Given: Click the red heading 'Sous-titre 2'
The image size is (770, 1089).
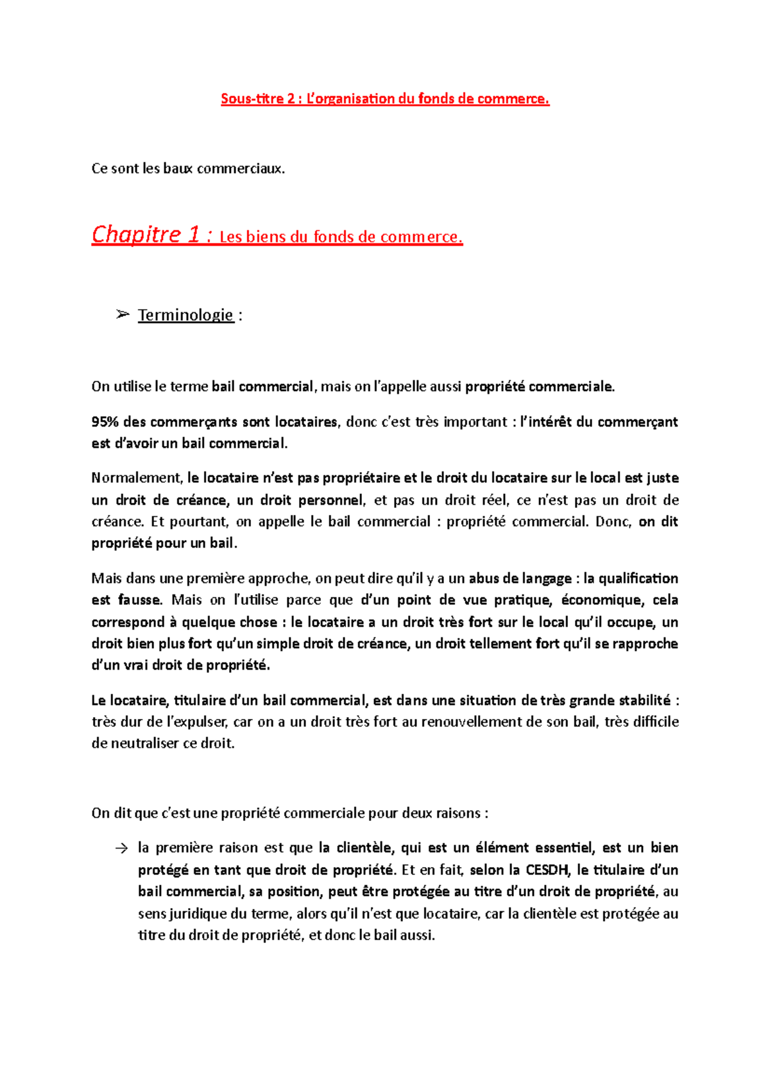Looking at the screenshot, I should pos(253,99).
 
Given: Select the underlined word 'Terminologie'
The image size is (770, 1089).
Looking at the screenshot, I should pos(185,315).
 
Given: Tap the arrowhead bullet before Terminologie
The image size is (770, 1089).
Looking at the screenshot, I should pos(123,314).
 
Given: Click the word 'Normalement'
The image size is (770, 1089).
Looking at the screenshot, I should pos(137,478).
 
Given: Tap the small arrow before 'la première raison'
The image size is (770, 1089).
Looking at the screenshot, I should pos(122,848).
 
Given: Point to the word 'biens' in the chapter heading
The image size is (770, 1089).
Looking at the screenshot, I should pos(265,237).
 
